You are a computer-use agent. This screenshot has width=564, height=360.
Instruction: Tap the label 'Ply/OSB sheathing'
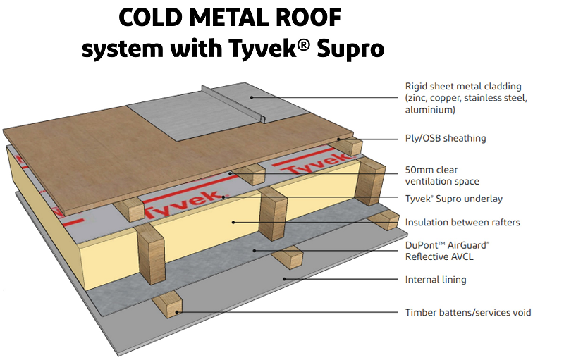[x=445, y=139]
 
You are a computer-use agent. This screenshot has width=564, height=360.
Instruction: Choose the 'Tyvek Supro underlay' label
[x=454, y=199]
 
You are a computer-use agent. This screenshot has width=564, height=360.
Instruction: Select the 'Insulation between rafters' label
[x=462, y=223]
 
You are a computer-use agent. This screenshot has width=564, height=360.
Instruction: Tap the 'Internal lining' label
[x=436, y=280]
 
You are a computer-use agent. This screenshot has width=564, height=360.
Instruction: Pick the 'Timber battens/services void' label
[x=468, y=312]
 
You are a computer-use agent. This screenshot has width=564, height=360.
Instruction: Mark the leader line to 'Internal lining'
[x=338, y=280]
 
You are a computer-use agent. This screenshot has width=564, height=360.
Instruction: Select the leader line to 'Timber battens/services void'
[x=282, y=312]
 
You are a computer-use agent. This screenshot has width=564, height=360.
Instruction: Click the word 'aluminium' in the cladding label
[x=429, y=110]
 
